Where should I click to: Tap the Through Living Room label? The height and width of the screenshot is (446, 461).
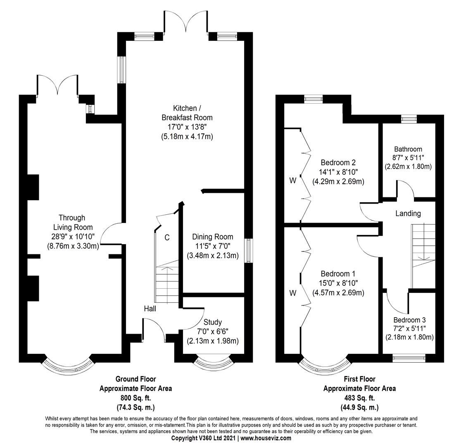[x=72, y=222]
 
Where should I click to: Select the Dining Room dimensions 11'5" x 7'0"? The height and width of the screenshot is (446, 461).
[x=212, y=246]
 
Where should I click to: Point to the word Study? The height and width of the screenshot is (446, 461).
[x=213, y=322]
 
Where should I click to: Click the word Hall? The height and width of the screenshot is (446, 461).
[x=150, y=308]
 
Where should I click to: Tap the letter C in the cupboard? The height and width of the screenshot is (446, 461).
[x=167, y=237]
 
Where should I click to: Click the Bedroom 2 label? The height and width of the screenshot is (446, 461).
[x=338, y=162]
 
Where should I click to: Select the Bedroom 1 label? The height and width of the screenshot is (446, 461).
[x=338, y=274]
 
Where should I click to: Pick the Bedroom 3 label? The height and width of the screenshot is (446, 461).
[x=409, y=320]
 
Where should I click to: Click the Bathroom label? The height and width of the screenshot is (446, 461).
[x=408, y=149]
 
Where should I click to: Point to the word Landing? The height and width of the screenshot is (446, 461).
[x=408, y=214]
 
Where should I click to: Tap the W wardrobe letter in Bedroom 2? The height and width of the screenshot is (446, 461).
[x=293, y=180]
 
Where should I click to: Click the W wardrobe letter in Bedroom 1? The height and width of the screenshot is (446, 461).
[x=293, y=293]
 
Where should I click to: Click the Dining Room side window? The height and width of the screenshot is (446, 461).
[x=248, y=250]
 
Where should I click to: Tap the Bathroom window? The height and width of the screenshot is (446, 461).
[x=409, y=119]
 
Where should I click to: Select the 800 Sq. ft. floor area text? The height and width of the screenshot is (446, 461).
[x=135, y=398]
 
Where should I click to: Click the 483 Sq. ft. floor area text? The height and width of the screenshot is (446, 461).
[x=359, y=398]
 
